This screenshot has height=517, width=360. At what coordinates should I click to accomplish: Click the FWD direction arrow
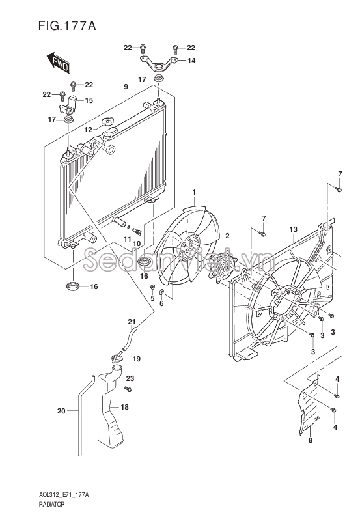pyautogui.click(x=58, y=63)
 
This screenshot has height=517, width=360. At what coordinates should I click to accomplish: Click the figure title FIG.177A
pyautogui.click(x=67, y=25)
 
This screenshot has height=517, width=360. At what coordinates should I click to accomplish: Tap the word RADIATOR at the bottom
pyautogui.click(x=51, y=504)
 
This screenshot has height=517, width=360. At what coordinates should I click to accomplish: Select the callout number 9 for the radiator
pyautogui.click(x=126, y=87)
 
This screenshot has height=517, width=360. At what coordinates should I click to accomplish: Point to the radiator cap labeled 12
pyautogui.click(x=107, y=122)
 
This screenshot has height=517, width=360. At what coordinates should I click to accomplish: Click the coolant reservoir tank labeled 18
pyautogui.click(x=110, y=412)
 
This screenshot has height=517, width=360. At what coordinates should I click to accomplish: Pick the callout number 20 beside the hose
pyautogui.click(x=61, y=411)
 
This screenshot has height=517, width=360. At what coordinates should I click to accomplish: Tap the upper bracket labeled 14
pyautogui.click(x=159, y=64)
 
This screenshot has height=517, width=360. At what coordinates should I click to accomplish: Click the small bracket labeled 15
pyautogui.click(x=68, y=105)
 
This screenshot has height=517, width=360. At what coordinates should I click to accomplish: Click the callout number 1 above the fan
pyautogui.click(x=194, y=192)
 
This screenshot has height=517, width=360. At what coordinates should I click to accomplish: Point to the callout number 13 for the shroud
pyautogui.click(x=293, y=229)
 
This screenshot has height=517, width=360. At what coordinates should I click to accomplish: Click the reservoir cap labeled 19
pyautogui.click(x=117, y=357)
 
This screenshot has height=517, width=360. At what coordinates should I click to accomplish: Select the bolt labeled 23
pyautogui.click(x=128, y=389)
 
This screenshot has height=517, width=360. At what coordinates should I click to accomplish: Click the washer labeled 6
pyautogui.click(x=161, y=292)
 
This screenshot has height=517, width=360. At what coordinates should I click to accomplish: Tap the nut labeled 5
pyautogui.click(x=152, y=286)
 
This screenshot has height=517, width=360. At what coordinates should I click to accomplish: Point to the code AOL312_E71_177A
pyautogui.click(x=63, y=495)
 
